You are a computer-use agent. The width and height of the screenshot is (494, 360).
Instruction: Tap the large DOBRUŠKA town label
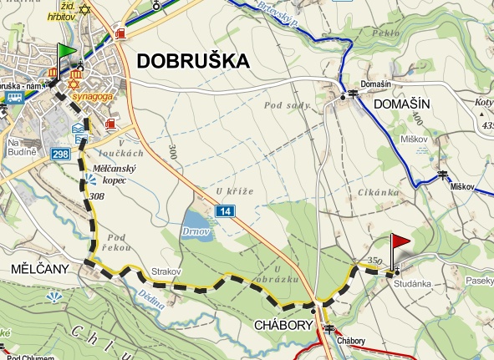193,60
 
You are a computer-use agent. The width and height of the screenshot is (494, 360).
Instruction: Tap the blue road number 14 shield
222,213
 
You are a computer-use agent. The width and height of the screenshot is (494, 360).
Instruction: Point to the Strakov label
166,272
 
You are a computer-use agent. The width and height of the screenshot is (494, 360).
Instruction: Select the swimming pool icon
78,129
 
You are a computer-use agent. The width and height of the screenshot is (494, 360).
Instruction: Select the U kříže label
237,191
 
